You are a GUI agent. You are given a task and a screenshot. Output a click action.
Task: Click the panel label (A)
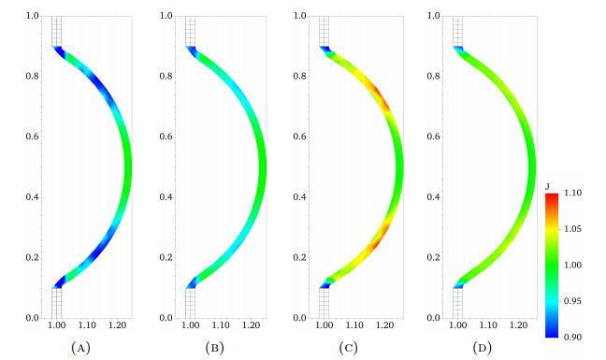pos(80,348)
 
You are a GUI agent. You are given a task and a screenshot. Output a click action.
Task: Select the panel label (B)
pos(214,348)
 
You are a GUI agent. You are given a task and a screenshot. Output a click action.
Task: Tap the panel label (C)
pos(348,348)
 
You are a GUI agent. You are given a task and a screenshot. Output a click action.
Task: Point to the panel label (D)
pos(482,348)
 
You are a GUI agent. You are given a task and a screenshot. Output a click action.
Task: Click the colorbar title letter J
pos(547,187)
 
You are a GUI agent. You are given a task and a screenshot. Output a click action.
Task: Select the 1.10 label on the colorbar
pos(572,194)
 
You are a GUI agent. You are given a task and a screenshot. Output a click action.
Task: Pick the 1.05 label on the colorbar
pos(572,229)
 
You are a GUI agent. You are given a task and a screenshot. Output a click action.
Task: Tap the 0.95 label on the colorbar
pos(572,301)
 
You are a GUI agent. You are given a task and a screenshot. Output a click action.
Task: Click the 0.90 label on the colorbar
pos(572,338)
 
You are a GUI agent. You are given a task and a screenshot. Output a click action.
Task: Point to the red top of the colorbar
pos(552,197)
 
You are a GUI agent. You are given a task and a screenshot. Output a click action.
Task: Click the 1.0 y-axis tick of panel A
pos(33,16)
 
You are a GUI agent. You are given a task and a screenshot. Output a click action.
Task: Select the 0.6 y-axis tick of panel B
pos(166,137)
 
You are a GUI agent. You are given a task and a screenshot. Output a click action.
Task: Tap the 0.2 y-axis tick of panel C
pos(300,258)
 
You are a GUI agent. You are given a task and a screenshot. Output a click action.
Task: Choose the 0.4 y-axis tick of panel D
pos(434,197)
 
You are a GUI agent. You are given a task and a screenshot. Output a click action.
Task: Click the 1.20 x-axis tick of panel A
pos(118,325)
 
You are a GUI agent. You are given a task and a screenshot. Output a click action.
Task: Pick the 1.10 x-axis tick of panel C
pos(354,325)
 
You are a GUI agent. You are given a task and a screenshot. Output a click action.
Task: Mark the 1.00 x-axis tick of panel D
pos(458,325)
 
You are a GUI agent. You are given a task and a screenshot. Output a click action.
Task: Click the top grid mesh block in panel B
pos(190,31)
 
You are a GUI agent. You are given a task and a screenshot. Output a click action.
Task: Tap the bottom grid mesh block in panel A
pos(56,303)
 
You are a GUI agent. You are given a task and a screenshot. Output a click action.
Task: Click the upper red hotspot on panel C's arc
pos(380,95)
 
